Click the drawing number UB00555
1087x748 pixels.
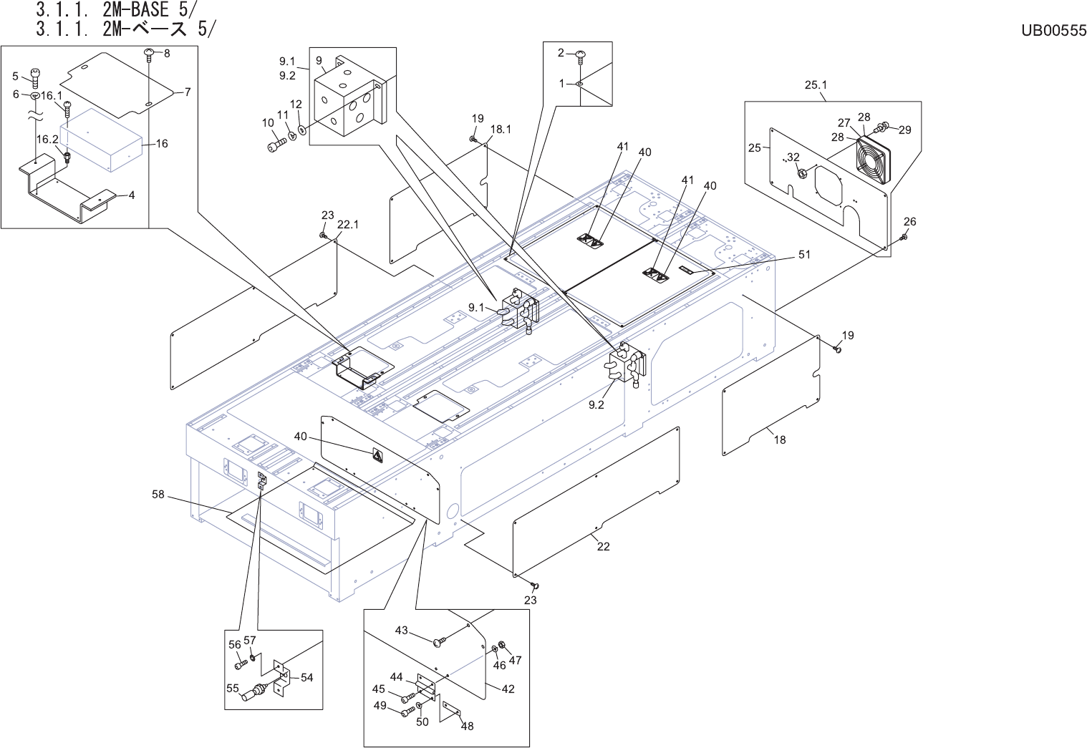click(1053, 30)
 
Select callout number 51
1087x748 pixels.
click(804, 254)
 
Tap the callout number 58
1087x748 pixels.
click(158, 494)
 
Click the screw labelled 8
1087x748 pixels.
click(150, 53)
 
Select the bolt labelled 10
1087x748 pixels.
click(276, 145)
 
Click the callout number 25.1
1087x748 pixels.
click(816, 84)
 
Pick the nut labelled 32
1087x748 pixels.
click(802, 172)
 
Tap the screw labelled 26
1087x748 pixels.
click(904, 238)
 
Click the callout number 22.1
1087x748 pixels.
click(347, 224)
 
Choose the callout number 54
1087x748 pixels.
click(306, 677)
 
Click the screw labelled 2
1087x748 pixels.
click(581, 54)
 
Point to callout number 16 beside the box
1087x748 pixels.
click(162, 143)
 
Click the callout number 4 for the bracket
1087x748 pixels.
click(131, 195)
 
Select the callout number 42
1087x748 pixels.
click(508, 689)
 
